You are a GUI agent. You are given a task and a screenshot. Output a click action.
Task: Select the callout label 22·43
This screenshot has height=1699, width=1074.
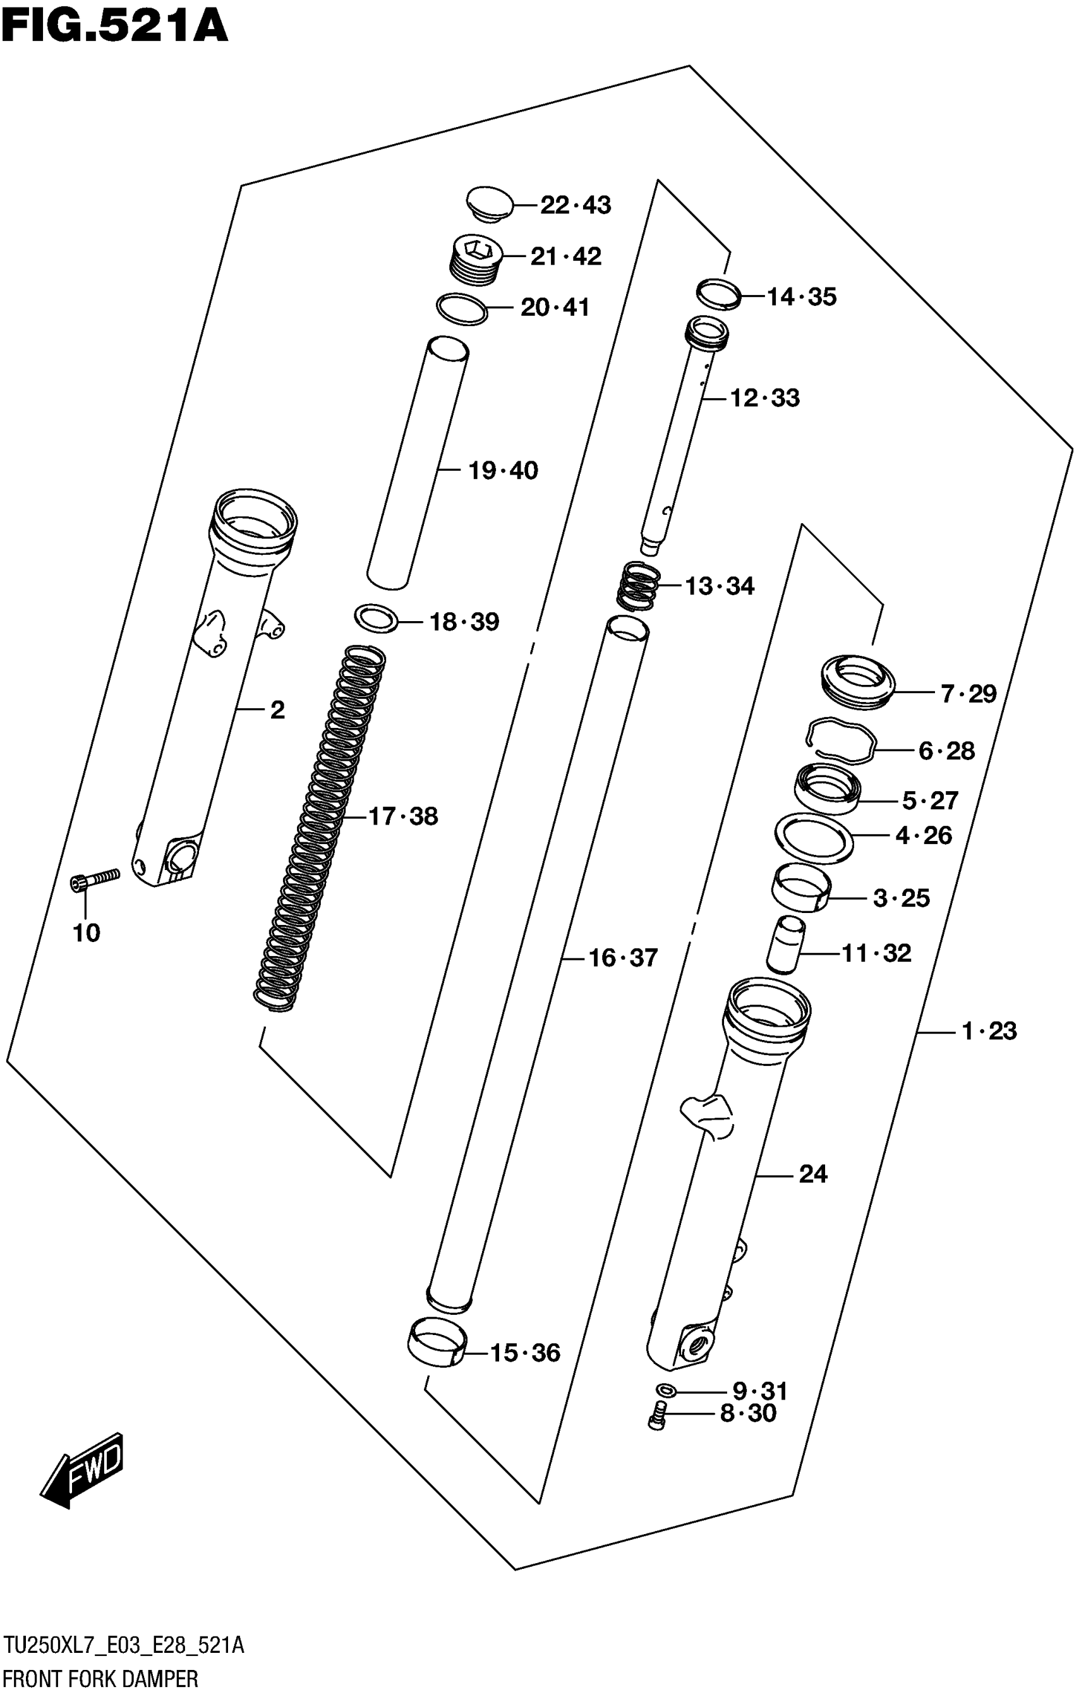[575, 205]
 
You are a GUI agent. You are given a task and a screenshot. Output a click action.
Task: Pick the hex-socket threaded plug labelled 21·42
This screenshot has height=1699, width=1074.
[476, 259]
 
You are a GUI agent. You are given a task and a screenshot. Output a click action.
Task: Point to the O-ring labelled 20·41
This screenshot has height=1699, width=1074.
[461, 309]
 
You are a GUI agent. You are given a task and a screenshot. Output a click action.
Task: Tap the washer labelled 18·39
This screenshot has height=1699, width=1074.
[376, 619]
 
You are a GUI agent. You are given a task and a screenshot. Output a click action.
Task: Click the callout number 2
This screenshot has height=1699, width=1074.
[277, 710]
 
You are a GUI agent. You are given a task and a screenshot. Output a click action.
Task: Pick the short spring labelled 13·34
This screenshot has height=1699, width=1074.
[639, 586]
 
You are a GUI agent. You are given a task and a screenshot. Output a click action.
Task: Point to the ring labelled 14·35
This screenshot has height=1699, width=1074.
[718, 294]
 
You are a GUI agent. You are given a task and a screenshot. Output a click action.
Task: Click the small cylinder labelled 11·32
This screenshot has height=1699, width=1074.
[785, 945]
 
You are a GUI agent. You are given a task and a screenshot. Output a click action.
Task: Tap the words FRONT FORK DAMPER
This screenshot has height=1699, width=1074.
[100, 1679]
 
